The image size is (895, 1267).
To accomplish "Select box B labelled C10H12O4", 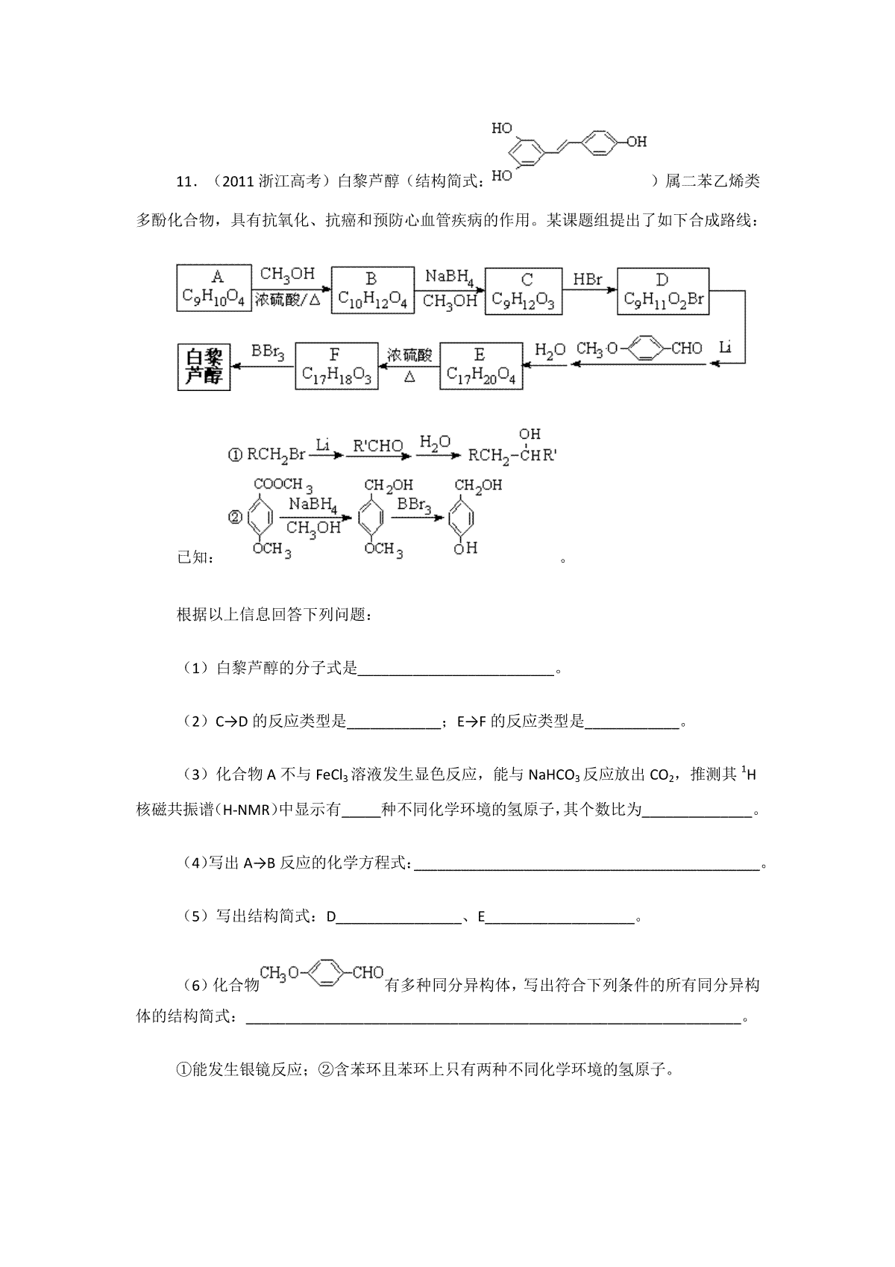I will click(372, 290).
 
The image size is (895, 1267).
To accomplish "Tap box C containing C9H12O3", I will click(524, 291).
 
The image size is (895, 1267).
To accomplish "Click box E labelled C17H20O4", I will click(480, 366).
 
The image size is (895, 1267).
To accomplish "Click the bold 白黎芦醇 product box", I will click(204, 366).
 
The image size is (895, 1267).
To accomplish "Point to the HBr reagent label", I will click(588, 279).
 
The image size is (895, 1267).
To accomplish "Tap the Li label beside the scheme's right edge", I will click(726, 347).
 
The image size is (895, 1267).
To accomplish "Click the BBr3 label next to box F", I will click(268, 350).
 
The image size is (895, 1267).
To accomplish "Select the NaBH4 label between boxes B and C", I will click(450, 277).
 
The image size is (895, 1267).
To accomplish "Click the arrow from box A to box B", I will click(291, 289).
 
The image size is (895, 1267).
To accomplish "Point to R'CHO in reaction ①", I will click(377, 448).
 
